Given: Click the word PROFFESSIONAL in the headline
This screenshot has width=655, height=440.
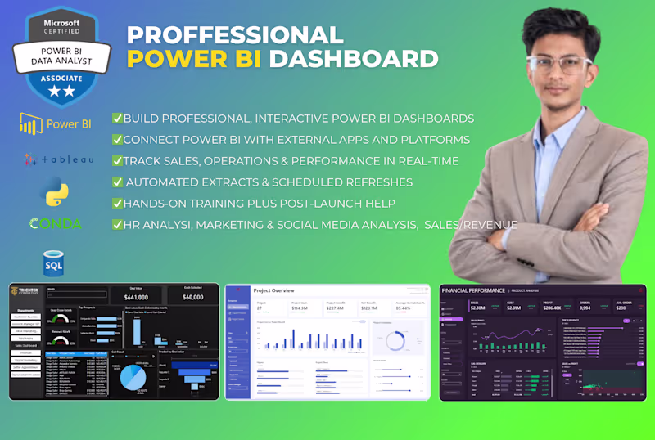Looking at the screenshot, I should click(x=235, y=34).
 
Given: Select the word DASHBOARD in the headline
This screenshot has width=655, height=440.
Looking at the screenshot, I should click(x=355, y=59).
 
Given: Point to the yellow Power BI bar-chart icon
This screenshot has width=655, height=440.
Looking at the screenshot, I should click(x=31, y=124).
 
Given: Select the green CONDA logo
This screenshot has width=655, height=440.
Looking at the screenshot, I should click(x=55, y=223).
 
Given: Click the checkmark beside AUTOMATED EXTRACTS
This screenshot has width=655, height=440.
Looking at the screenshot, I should click(x=118, y=182).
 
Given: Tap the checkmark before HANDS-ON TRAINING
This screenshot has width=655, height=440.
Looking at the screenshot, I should click(x=117, y=203).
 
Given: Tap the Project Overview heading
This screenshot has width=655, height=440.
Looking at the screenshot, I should click(x=274, y=290).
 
